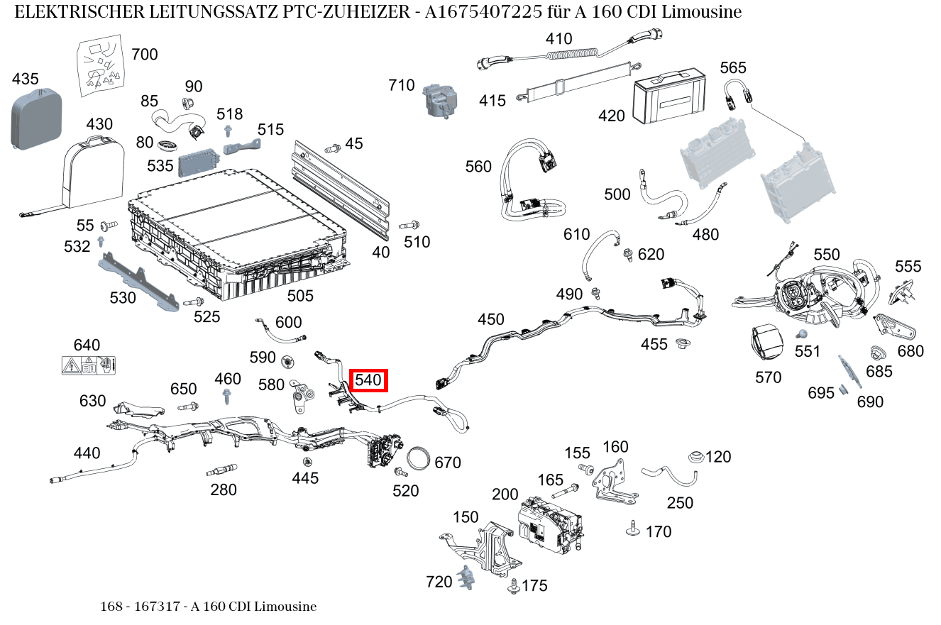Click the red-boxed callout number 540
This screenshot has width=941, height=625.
[368, 380]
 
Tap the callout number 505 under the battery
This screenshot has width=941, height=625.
[299, 295]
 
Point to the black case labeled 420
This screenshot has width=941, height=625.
[669, 94]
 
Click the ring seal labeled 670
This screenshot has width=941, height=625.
[419, 458]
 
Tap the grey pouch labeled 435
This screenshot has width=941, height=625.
[35, 118]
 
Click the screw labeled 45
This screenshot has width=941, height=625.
[331, 149]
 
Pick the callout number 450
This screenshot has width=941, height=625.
[490, 320]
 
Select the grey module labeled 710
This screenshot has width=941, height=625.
[439, 99]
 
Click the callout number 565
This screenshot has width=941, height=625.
[733, 67]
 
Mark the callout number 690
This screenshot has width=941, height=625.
[870, 402]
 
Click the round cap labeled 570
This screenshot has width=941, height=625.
[766, 344]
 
